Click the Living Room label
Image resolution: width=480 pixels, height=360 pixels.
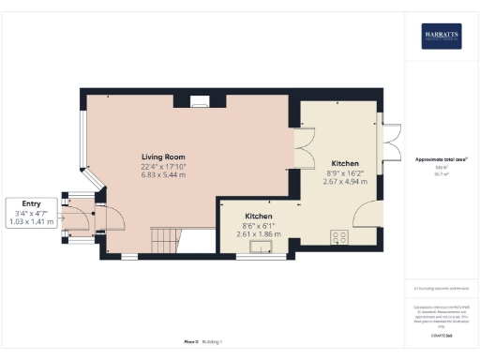pyautogui.click(x=164, y=157)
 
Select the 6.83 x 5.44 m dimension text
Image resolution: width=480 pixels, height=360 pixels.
pyautogui.click(x=164, y=175)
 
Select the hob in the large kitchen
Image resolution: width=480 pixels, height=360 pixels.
pyautogui.click(x=338, y=236)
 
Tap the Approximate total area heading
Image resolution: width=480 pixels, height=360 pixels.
pyautogui.click(x=441, y=159)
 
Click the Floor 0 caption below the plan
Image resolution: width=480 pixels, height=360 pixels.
pyautogui.click(x=191, y=342)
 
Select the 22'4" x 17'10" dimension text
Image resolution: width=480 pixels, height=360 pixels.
pyautogui.click(x=164, y=166)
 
